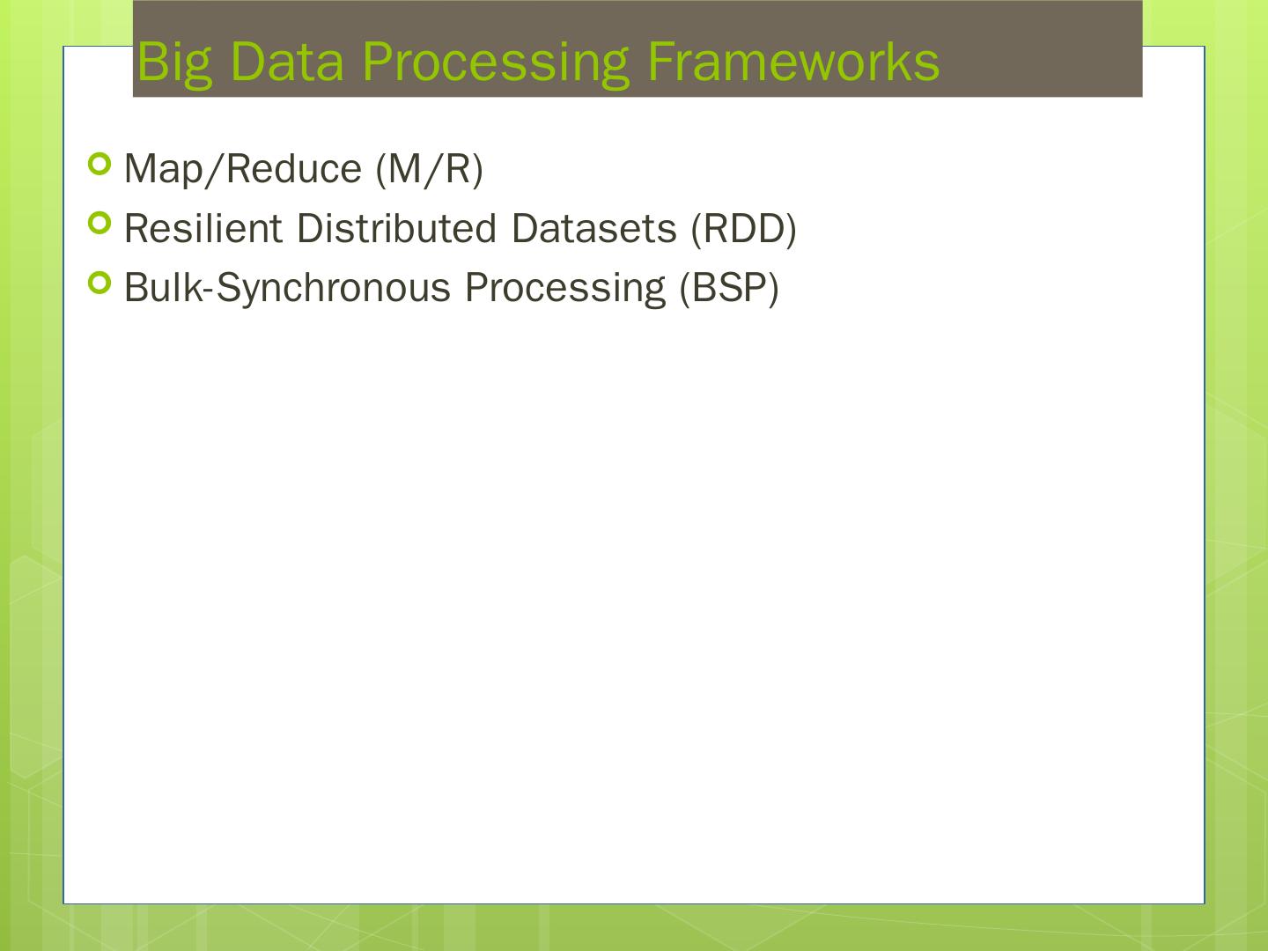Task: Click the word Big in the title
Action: click(174, 63)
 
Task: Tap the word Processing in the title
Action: click(496, 63)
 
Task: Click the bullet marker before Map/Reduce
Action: click(100, 164)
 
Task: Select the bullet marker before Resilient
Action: click(100, 224)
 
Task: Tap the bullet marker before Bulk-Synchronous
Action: click(100, 283)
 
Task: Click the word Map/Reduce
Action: click(243, 169)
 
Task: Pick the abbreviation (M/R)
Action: click(429, 169)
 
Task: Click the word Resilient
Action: click(203, 229)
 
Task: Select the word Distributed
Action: click(396, 229)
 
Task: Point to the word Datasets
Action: click(593, 229)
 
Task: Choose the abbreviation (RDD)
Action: click(743, 229)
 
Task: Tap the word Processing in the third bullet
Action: click(564, 289)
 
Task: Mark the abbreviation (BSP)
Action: click(728, 289)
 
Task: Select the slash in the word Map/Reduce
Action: click(212, 169)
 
